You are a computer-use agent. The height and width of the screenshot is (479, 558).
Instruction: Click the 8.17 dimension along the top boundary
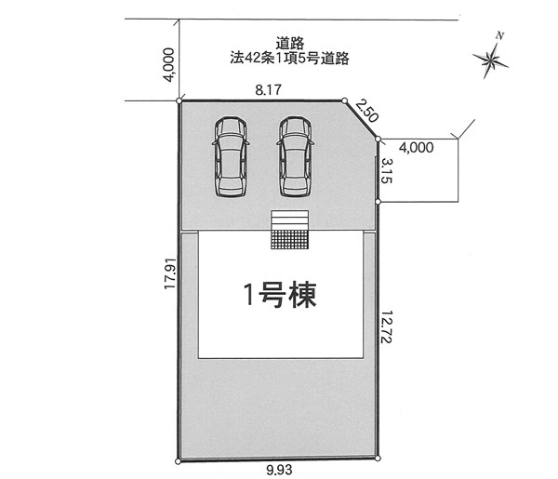point(269,90)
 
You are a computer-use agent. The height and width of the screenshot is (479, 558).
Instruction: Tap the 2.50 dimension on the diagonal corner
point(366,111)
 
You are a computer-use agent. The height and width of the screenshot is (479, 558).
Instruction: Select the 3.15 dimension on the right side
point(387,171)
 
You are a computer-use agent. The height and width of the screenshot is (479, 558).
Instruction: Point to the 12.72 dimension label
point(387,327)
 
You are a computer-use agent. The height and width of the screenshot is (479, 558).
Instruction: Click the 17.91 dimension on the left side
point(170,273)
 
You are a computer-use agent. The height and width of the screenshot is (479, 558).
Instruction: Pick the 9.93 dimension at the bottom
point(279,470)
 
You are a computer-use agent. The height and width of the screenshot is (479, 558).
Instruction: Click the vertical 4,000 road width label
point(170,65)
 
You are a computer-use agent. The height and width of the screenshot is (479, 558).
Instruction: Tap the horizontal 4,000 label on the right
point(417,147)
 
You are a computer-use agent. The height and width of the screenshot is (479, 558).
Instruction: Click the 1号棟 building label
point(280,294)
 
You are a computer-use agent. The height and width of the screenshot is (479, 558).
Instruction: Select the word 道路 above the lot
point(290,44)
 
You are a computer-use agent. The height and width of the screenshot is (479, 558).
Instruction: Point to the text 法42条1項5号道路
point(289,58)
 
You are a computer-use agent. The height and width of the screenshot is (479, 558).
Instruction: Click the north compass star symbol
point(490,61)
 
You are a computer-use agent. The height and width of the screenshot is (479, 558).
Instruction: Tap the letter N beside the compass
point(500,35)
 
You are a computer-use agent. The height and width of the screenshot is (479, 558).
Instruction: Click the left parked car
point(231,156)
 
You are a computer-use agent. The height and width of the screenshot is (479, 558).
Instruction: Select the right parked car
point(295,156)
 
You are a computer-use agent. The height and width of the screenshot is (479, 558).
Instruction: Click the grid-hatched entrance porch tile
point(289,240)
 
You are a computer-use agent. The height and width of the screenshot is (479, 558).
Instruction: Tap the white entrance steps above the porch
point(289,220)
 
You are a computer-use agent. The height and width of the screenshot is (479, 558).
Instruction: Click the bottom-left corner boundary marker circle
point(179,461)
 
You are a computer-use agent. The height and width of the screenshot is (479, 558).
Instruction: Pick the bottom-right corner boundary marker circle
point(378,459)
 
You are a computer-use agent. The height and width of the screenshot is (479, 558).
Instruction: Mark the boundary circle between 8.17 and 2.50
point(344,101)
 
